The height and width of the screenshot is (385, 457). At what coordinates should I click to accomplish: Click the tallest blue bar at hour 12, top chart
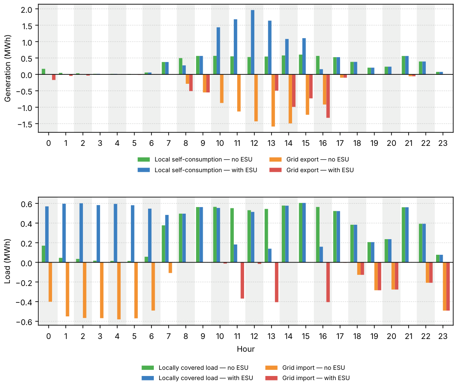click(x=253, y=42)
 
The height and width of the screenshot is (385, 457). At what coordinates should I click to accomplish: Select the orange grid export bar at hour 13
click(x=273, y=100)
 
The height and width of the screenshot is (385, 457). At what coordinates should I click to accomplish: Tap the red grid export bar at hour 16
click(x=328, y=96)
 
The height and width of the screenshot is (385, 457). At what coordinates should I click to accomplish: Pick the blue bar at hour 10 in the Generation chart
click(x=218, y=51)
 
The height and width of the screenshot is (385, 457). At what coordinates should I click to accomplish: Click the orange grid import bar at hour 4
click(x=119, y=291)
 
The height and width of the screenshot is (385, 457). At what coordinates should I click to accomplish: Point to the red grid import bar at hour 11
click(x=242, y=281)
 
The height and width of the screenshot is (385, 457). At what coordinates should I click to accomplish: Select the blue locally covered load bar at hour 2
click(x=81, y=233)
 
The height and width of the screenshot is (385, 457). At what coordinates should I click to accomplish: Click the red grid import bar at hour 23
click(x=448, y=286)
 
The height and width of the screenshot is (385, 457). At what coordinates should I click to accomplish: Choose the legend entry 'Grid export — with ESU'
click(x=311, y=170)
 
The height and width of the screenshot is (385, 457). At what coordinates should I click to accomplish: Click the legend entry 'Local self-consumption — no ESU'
click(x=195, y=159)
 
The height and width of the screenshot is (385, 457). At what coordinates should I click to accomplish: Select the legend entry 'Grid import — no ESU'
click(x=305, y=368)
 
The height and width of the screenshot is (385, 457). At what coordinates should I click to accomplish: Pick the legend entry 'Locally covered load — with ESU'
click(x=197, y=378)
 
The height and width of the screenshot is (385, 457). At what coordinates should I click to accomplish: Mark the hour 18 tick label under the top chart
click(x=357, y=143)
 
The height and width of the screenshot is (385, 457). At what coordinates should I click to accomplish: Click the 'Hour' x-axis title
click(x=246, y=349)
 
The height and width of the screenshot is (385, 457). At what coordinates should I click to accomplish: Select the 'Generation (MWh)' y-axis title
click(x=7, y=68)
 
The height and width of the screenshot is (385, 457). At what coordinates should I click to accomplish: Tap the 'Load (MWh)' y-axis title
click(x=7, y=261)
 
